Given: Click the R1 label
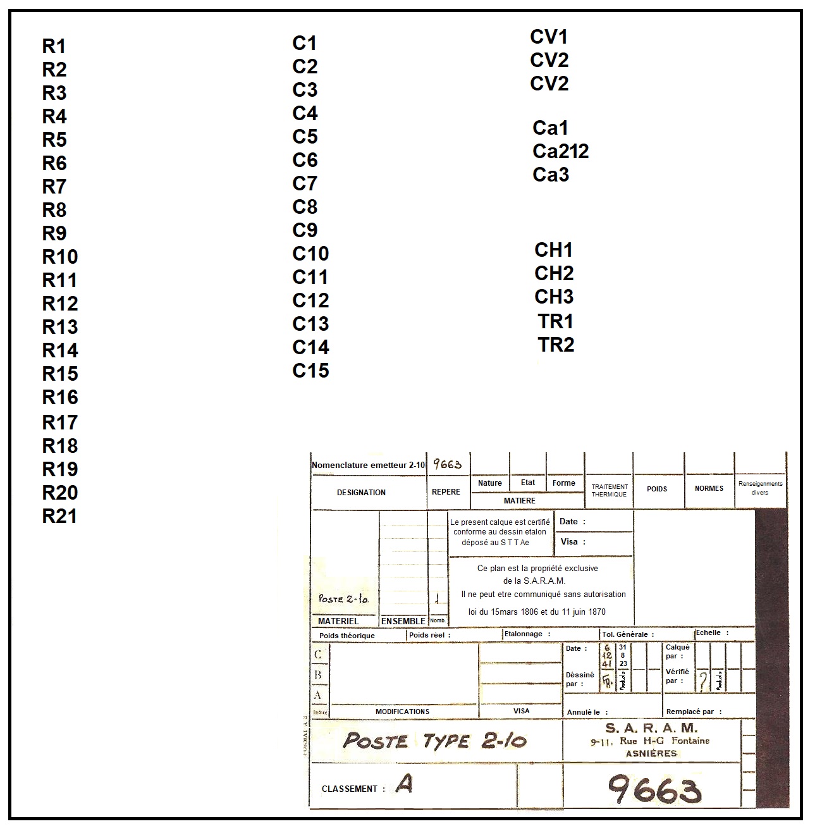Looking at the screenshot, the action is tap(54, 46).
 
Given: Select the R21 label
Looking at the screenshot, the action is tap(59, 516).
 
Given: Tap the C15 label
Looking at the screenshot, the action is tap(310, 371).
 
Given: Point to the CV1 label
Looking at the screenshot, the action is tap(549, 37).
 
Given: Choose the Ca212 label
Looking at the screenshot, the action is tap(560, 151).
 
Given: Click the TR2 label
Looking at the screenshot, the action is tap(556, 345).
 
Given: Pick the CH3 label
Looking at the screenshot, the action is tap(554, 297).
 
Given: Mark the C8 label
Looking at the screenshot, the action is tap(305, 207).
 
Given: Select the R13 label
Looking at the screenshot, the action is tap(60, 327).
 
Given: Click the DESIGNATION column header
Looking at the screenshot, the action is tap(361, 493).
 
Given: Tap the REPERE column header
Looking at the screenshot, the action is tap(446, 492).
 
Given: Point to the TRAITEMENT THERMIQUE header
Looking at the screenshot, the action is tap(609, 491).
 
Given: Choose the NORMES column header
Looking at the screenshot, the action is tap(709, 488).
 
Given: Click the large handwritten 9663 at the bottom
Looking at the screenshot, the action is tap(654, 789).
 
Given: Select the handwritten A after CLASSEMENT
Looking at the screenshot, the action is tap(404, 784).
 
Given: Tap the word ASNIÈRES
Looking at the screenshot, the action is tap(651, 753).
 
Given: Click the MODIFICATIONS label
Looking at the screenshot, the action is tap(402, 712).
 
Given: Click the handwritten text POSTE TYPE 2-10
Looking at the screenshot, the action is tap(434, 741).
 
